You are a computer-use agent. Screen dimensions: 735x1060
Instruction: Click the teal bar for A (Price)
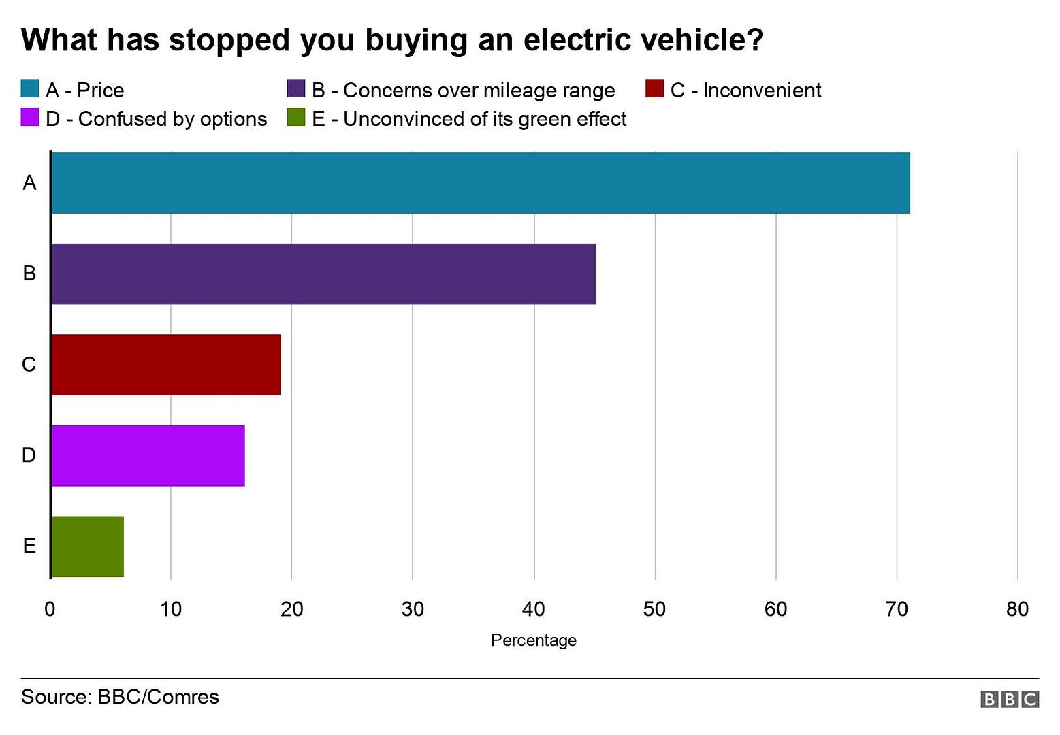click(480, 183)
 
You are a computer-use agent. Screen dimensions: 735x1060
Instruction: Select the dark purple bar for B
click(323, 274)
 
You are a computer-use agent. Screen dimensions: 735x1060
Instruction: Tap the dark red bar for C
click(165, 365)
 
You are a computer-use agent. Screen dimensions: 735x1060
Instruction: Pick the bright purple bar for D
click(147, 455)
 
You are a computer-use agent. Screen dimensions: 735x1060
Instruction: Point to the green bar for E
click(87, 546)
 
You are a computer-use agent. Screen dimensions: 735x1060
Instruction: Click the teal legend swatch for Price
click(30, 89)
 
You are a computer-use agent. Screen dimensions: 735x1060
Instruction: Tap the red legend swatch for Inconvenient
click(654, 89)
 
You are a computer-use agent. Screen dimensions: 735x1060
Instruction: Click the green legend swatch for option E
click(296, 118)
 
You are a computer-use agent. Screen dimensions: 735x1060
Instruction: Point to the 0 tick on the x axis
click(50, 609)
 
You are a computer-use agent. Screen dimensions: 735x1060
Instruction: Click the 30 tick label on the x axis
click(413, 609)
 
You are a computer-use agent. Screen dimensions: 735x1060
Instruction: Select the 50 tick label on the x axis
click(654, 609)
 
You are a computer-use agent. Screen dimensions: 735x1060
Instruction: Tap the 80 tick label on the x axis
click(1017, 609)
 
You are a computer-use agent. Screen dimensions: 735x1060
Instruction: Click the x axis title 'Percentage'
click(534, 640)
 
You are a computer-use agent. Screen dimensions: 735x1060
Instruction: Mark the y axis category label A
click(29, 183)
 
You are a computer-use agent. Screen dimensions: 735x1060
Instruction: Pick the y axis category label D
click(29, 455)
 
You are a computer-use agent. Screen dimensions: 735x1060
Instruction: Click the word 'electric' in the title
click(577, 40)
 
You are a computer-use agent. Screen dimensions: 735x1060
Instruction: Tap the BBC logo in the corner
click(1010, 699)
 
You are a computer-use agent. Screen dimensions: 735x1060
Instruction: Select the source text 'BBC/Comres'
click(158, 697)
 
